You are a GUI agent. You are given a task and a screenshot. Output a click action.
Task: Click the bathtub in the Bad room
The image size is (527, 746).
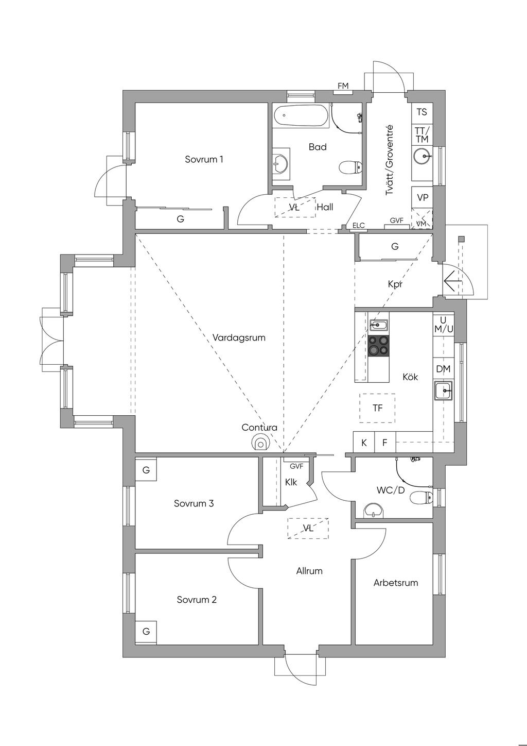pyautogui.click(x=301, y=117)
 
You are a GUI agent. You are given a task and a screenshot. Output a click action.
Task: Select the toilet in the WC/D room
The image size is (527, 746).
pyautogui.click(x=421, y=498)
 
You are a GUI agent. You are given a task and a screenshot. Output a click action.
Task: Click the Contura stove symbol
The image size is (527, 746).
pyautogui.click(x=261, y=443)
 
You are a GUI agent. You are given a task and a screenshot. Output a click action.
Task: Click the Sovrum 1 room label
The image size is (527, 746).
pyautogui.click(x=204, y=159)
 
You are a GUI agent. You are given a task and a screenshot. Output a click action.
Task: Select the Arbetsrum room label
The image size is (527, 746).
pyautogui.click(x=395, y=583)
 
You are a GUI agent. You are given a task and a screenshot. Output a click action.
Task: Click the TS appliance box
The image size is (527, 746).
pyautogui.click(x=421, y=112)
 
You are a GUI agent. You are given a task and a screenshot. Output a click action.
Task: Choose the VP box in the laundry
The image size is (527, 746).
pyautogui.click(x=423, y=197)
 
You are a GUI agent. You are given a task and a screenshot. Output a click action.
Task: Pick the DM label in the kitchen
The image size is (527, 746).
pyautogui.click(x=443, y=369)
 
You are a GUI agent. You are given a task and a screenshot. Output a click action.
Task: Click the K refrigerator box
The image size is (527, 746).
pyautogui.click(x=364, y=443)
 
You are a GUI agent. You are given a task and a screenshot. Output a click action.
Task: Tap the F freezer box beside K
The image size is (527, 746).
pyautogui.click(x=384, y=443)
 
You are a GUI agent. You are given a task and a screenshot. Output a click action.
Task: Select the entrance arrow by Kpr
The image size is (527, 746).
pyautogui.click(x=453, y=282)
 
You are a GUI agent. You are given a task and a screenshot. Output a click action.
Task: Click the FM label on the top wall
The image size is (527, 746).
pyautogui.click(x=343, y=86)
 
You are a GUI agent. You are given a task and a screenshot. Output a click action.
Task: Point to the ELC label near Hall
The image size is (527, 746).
pyautogui.click(x=358, y=226)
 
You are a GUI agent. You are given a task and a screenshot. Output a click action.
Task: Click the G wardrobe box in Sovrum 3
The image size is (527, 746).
pyautogui.click(x=146, y=470)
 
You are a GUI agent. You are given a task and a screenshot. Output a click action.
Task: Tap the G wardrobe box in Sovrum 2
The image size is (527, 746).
pyautogui.click(x=146, y=631)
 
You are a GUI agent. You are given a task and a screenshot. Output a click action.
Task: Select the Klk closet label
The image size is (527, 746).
pyautogui.click(x=291, y=483)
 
